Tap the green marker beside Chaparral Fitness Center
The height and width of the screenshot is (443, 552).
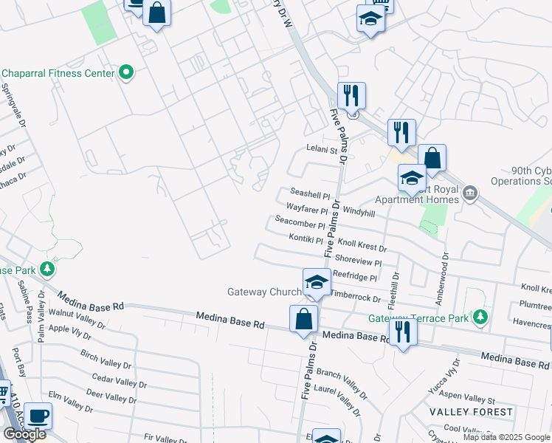[x=126, y=72]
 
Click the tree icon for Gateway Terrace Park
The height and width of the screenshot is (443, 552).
[x=480, y=317]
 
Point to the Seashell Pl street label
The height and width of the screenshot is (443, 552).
[x=310, y=196]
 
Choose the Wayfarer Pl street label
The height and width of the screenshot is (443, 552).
[x=306, y=210]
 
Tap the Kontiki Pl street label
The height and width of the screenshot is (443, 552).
[x=306, y=239]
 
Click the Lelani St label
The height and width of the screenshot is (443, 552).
[x=322, y=150]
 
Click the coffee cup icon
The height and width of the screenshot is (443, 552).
[x=38, y=416]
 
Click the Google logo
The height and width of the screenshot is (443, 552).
[x=24, y=434]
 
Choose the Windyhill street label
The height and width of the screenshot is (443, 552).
[x=359, y=213]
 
